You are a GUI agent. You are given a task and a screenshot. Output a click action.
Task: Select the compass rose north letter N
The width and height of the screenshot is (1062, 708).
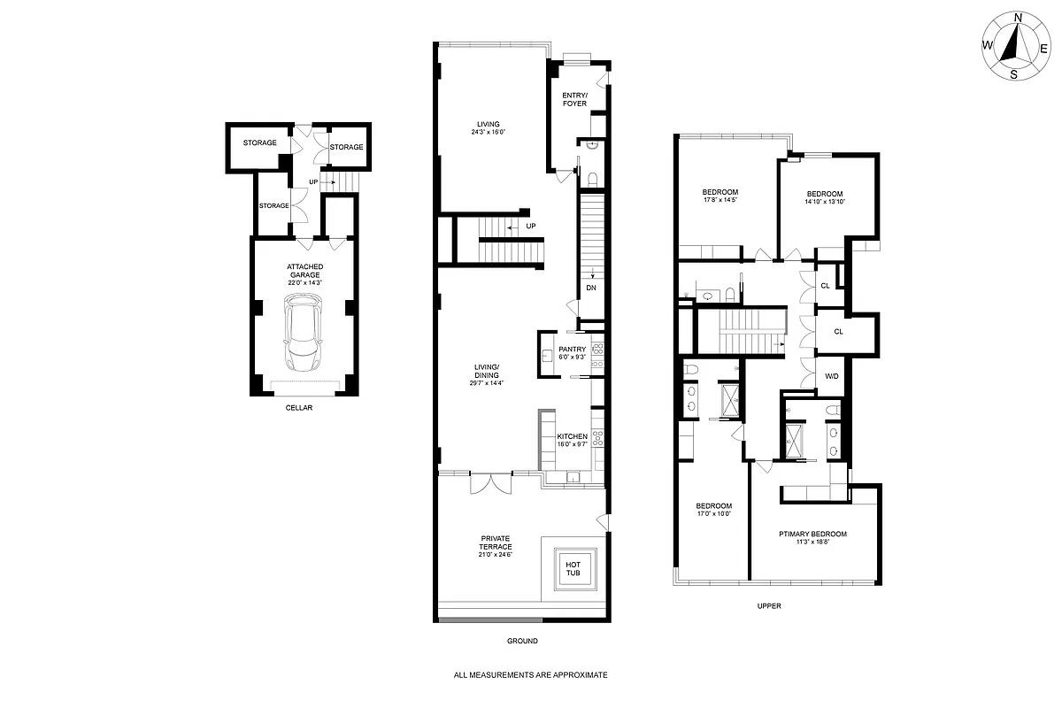pos(1017,17)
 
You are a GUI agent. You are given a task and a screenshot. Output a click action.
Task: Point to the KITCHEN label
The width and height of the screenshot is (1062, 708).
pos(572,437)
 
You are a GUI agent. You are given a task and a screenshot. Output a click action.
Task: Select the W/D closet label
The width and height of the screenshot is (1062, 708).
pos(831,375)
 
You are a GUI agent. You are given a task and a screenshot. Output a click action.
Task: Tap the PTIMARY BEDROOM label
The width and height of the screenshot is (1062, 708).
pos(812,534)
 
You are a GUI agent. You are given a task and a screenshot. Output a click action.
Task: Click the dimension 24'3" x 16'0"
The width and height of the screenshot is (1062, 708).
pos(488,133)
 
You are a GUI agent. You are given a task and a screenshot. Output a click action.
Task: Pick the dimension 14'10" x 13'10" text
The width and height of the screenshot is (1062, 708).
pos(824,203)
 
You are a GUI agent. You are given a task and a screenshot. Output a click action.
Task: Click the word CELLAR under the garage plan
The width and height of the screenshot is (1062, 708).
pos(298,408)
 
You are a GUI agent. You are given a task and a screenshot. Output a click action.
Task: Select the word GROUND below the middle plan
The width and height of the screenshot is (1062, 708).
pos(523,641)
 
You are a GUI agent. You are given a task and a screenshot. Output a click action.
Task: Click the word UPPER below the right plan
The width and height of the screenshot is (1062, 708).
pos(768,606)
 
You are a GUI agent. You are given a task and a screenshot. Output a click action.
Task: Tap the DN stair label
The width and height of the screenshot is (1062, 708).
pos(590,289)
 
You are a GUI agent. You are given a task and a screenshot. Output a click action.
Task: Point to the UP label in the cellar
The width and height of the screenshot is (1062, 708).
pos(314,182)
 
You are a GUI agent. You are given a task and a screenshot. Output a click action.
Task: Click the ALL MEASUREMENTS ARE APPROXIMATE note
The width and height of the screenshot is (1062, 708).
pos(530,674)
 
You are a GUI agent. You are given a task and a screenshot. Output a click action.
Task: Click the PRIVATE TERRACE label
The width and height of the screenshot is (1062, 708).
pos(496,543)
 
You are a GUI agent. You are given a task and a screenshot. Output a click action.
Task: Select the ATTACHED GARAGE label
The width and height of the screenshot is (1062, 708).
pos(304,271)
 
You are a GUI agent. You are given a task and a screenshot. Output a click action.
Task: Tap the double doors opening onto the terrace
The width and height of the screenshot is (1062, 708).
pos(490,483)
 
